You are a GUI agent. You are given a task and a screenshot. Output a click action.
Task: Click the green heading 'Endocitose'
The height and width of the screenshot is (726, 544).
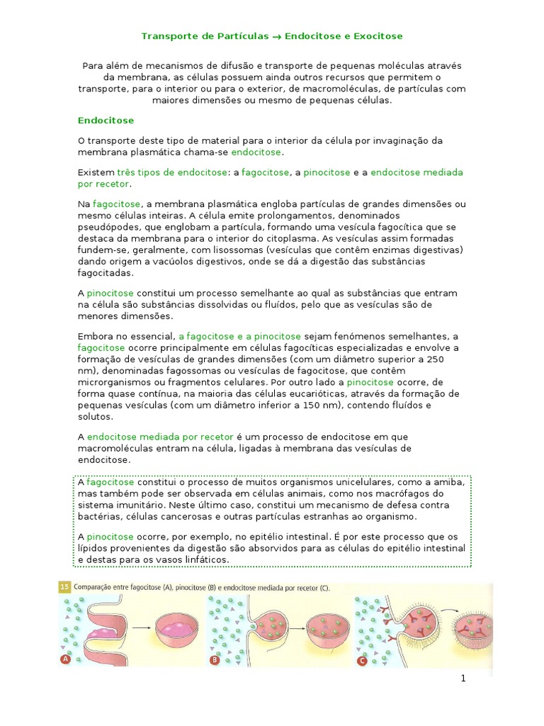tap(106, 121)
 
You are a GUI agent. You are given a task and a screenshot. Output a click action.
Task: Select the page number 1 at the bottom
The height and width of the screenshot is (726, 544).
tap(463, 678)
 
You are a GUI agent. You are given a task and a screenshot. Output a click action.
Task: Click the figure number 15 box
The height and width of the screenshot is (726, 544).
tap(64, 588)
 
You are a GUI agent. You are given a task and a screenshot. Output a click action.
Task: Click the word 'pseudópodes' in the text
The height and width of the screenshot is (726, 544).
tap(107, 227)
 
